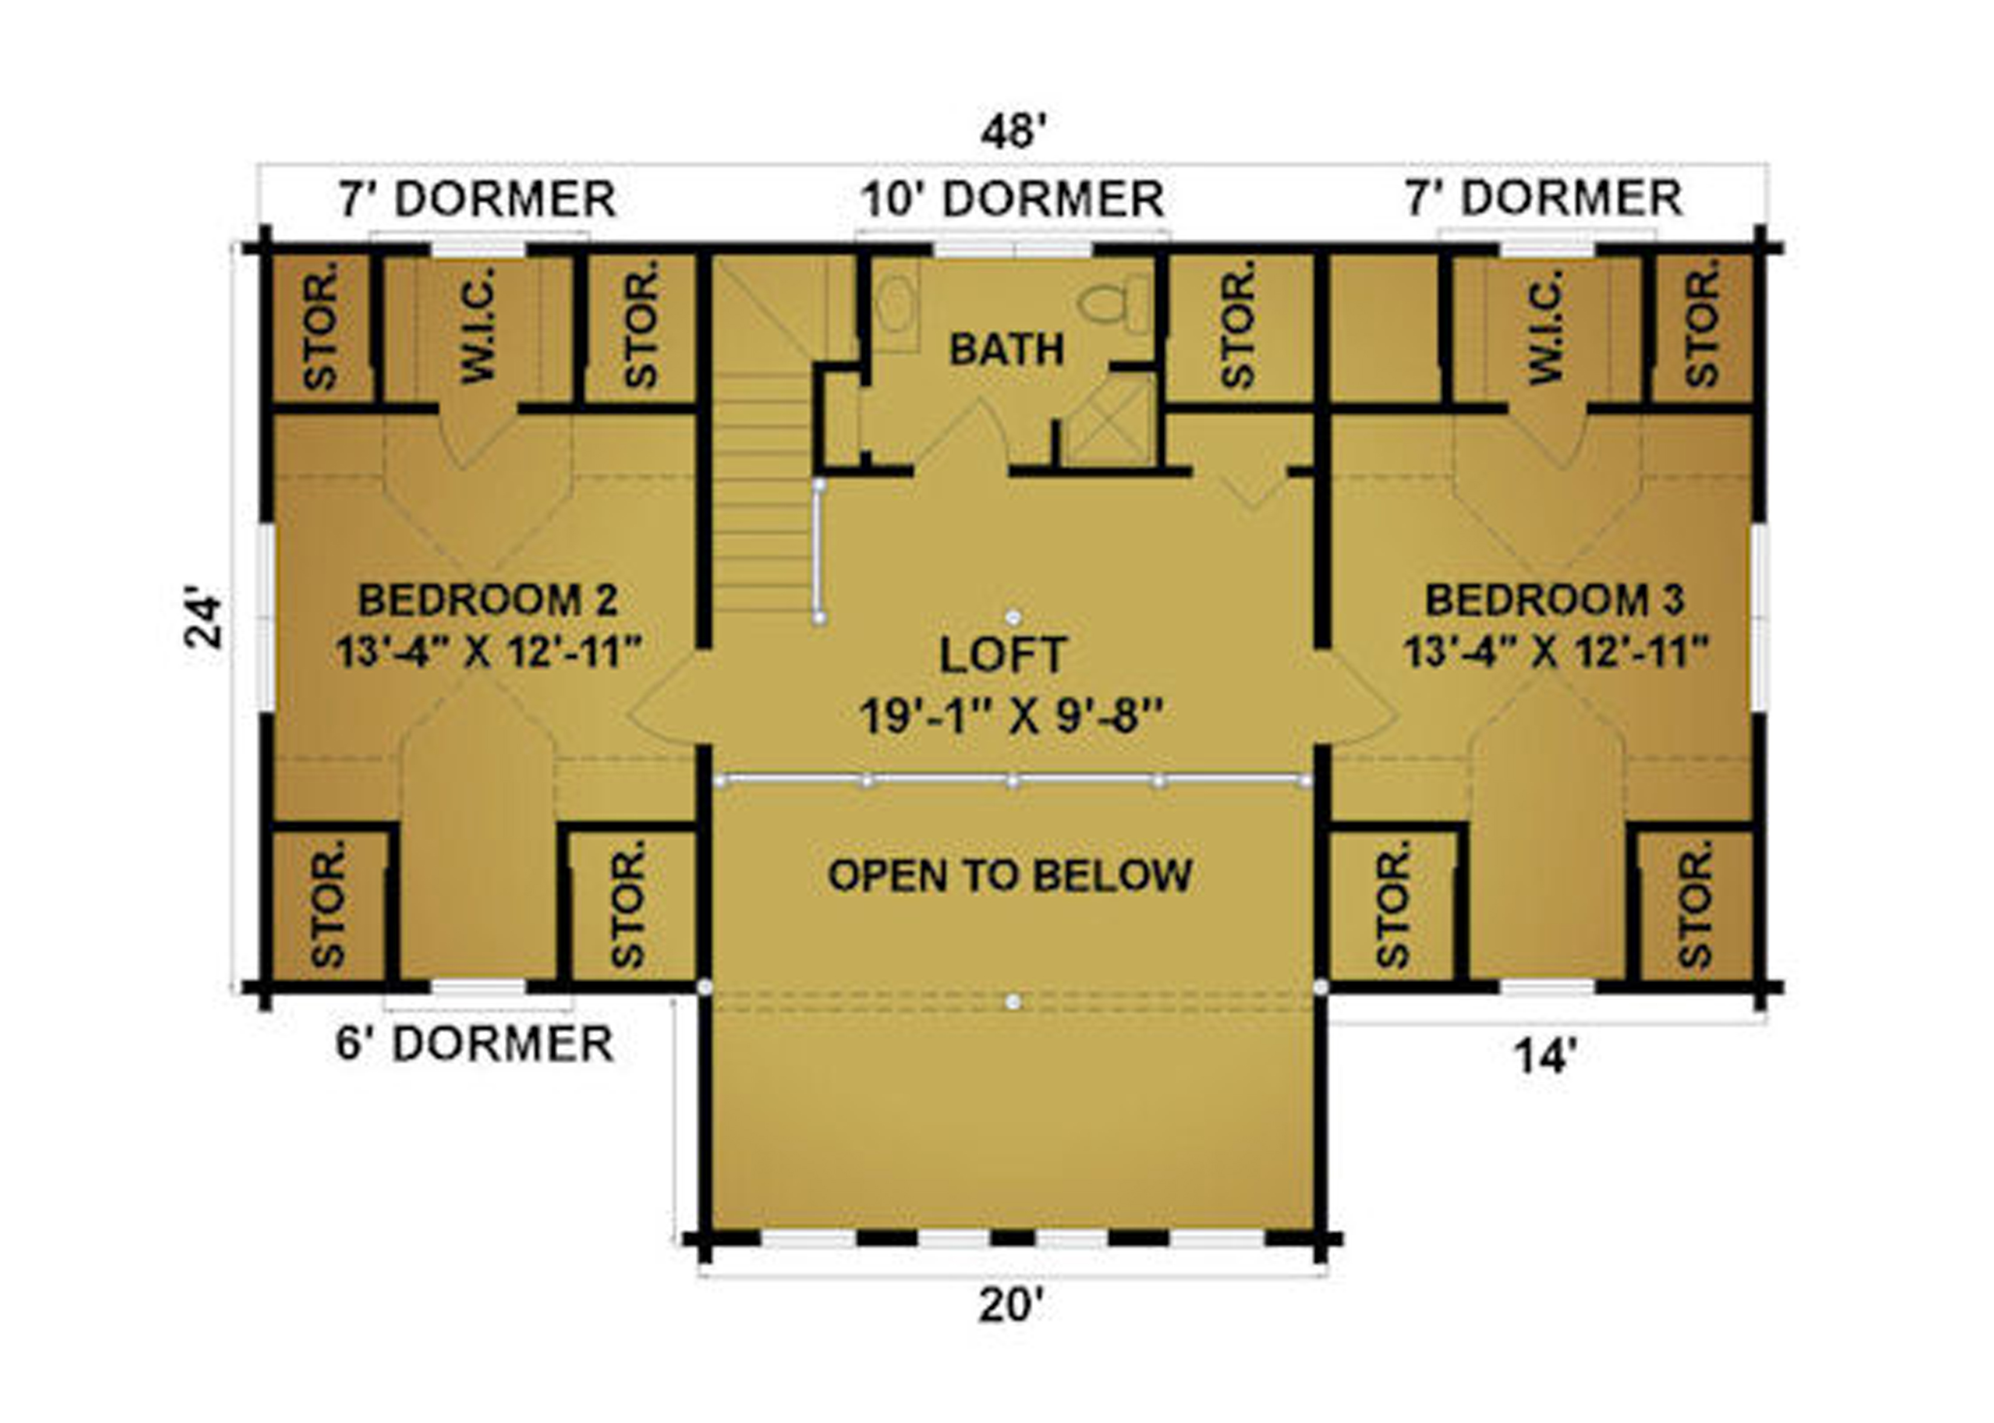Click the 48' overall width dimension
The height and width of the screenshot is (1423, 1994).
click(1014, 132)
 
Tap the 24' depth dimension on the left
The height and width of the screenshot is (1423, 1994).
click(204, 622)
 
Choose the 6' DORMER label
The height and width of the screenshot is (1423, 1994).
click(474, 1044)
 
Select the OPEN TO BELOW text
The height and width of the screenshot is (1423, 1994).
click(1010, 875)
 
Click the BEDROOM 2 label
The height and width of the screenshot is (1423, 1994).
click(488, 600)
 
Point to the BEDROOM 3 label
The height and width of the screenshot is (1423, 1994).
click(1554, 600)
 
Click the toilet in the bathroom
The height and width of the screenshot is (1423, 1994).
click(1113, 303)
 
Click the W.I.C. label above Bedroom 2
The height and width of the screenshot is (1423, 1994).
click(479, 326)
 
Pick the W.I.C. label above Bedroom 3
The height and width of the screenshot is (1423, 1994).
click(1546, 326)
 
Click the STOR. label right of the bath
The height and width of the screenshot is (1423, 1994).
click(1237, 325)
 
